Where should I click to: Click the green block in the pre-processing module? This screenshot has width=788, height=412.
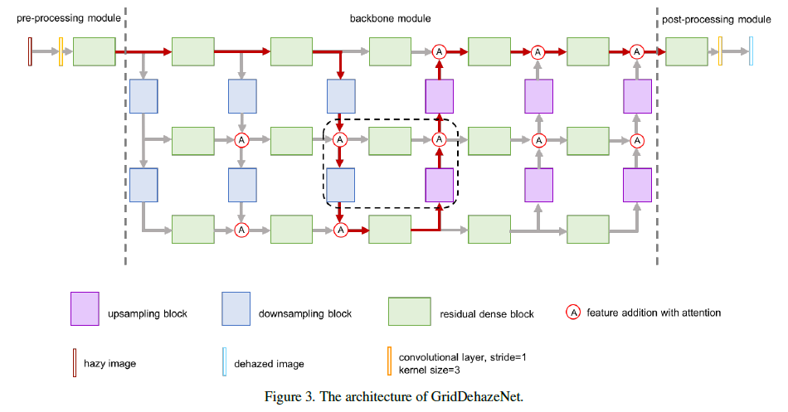tap(94, 51)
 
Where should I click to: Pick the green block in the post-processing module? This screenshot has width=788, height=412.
tap(686, 51)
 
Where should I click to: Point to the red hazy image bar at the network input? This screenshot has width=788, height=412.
tap(31, 51)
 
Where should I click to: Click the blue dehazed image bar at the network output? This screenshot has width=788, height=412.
tap(751, 51)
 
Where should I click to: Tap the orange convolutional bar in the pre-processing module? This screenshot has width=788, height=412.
tap(61, 51)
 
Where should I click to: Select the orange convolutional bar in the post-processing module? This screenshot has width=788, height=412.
tap(720, 51)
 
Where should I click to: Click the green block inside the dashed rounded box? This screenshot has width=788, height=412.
tap(389, 141)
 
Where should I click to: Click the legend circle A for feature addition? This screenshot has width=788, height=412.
tap(573, 313)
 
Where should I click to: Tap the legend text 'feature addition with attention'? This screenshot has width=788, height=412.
tap(654, 313)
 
